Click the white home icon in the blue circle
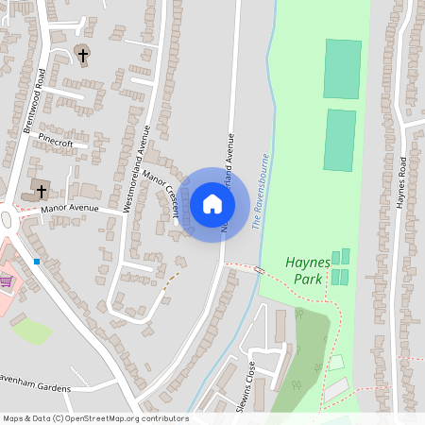(x=212, y=204)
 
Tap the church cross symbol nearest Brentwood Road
(x=83, y=56)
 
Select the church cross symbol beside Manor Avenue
(x=41, y=191)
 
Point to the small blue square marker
(x=37, y=261)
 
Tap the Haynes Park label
(x=305, y=271)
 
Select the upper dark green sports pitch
(x=342, y=69)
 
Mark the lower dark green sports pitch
(x=341, y=141)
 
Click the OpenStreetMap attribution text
(x=95, y=418)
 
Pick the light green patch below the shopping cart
(x=32, y=331)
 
